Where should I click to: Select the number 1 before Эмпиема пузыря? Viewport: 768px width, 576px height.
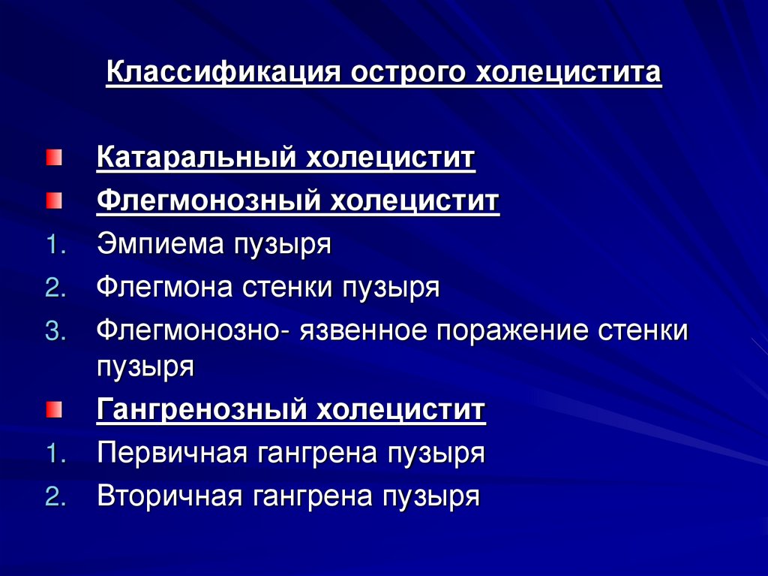point(51,246)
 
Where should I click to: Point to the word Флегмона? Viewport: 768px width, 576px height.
point(163,288)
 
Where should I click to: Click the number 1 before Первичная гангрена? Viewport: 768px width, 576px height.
point(51,454)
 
